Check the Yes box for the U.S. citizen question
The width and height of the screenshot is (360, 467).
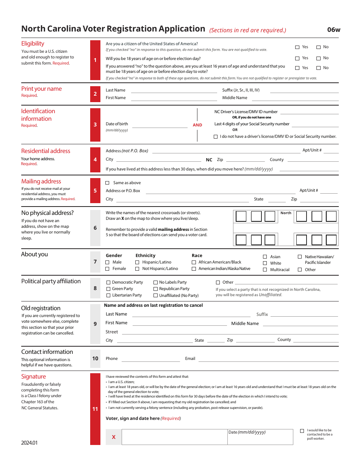click(x=297, y=47)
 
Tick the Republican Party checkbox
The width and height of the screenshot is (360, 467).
click(x=156, y=289)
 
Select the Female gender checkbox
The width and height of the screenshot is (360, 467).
click(x=108, y=269)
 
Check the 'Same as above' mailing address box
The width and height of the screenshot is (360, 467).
click(x=108, y=183)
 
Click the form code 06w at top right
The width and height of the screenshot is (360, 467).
click(x=333, y=30)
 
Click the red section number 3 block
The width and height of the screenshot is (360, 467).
click(x=95, y=125)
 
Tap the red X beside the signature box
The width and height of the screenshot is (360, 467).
click(x=113, y=437)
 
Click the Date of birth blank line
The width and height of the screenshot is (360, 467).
click(x=159, y=127)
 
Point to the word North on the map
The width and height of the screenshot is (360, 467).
click(x=286, y=213)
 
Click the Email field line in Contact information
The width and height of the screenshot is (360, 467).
click(x=268, y=361)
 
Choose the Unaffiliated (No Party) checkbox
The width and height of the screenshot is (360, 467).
click(x=156, y=295)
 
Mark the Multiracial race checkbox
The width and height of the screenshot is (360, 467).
click(x=265, y=270)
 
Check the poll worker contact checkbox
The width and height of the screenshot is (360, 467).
click(x=302, y=431)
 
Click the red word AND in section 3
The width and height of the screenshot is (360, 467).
click(x=197, y=125)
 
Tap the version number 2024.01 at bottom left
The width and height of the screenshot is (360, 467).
click(x=30, y=443)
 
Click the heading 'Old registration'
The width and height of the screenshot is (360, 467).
click(x=41, y=308)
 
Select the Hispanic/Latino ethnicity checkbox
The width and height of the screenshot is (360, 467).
click(x=137, y=262)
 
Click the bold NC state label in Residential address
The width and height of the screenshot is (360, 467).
click(x=209, y=160)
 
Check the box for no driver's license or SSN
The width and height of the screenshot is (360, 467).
click(x=216, y=137)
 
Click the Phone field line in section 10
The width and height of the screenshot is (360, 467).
click(x=150, y=361)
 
